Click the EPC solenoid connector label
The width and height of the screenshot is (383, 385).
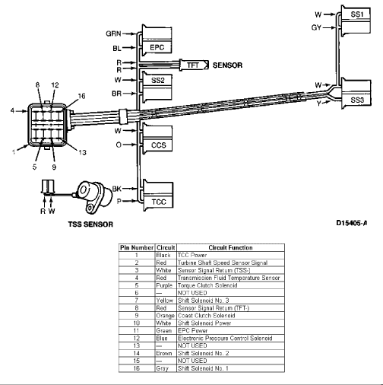(x=157, y=47)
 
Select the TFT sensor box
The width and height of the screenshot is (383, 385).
(x=194, y=65)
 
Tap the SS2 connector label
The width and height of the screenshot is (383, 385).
(x=158, y=80)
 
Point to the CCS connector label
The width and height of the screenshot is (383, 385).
(x=158, y=145)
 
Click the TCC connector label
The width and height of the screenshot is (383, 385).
(x=159, y=202)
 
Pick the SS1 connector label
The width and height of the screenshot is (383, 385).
(x=357, y=14)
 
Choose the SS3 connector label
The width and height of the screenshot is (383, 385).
(x=357, y=100)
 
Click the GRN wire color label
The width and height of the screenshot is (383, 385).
(x=113, y=33)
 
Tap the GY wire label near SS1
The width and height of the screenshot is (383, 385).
(x=316, y=27)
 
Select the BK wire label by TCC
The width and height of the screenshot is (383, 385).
(x=117, y=189)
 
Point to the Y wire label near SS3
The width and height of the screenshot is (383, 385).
(x=318, y=103)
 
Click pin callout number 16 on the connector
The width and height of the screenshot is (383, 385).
(x=81, y=96)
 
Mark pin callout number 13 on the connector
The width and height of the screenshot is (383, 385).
(x=82, y=152)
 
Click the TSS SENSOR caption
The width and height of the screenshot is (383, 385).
(x=90, y=224)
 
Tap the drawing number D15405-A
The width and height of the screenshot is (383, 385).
(x=352, y=223)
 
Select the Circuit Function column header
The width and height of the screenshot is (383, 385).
(x=230, y=248)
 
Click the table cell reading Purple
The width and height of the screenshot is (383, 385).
(x=164, y=285)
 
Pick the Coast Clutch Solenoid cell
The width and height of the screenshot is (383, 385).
(x=207, y=316)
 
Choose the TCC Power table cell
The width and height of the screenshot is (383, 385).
(x=192, y=255)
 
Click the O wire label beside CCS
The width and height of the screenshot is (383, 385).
(x=119, y=145)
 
